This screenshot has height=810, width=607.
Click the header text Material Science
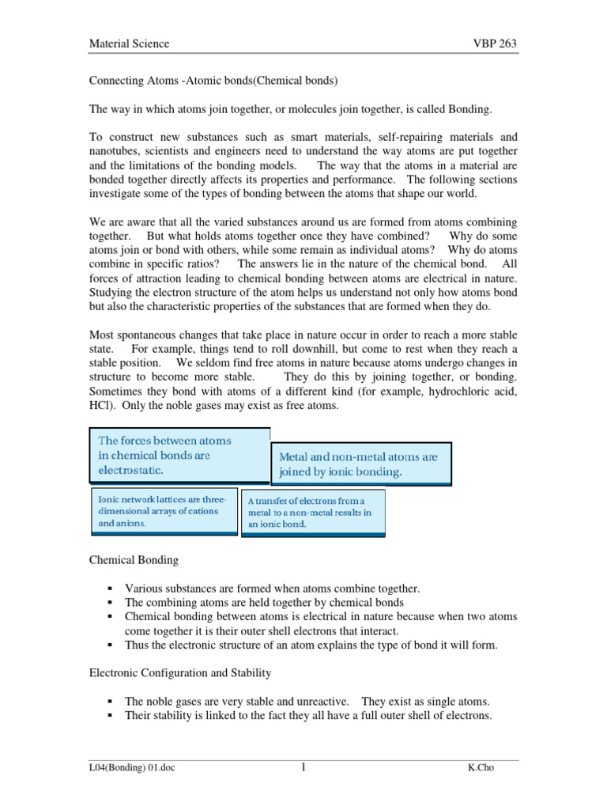(128, 44)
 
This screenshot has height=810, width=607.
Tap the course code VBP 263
(494, 44)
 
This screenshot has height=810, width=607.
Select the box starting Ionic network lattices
(162, 512)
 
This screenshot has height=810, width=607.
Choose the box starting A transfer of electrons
(313, 513)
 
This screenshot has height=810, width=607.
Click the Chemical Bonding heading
(133, 560)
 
